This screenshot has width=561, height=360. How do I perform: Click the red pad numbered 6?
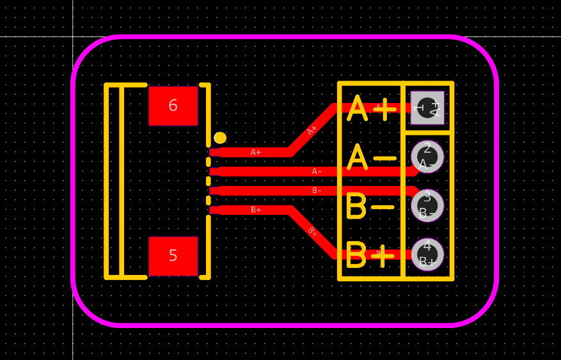tap(173, 106)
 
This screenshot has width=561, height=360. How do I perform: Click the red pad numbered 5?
tap(173, 256)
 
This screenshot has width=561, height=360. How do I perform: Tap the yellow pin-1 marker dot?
tap(220, 137)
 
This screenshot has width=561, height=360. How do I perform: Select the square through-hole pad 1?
tap(427, 107)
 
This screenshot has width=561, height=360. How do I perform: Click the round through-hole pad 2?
tap(427, 157)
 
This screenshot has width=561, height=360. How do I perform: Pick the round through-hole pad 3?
tap(427, 205)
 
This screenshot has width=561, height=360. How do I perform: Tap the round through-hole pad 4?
tap(427, 254)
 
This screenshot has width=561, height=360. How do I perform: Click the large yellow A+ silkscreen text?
tap(372, 109)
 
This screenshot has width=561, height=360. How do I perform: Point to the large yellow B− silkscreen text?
tap(370, 207)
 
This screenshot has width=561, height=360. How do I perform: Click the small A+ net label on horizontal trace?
tap(256, 152)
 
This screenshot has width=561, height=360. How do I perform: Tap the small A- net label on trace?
tap(317, 171)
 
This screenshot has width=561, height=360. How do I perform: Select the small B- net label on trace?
tap(317, 191)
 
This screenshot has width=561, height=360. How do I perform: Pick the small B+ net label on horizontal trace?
tap(256, 210)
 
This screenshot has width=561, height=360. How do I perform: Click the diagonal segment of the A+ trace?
tap(312, 130)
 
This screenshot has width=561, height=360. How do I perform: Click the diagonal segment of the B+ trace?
tap(312, 231)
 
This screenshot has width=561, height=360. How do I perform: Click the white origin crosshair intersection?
tap(73, 36)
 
